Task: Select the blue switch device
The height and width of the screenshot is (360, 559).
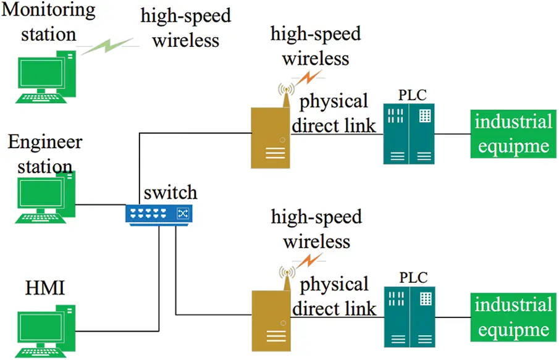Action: (159, 213)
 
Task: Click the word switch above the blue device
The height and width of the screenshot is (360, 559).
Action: (170, 191)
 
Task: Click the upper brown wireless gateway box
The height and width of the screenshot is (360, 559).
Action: (270, 137)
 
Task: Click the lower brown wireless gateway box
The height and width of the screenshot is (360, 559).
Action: (270, 320)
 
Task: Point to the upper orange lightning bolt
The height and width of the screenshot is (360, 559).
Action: (309, 78)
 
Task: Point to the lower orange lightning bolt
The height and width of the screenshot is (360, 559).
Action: (309, 260)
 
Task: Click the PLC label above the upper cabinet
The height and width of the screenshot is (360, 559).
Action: (413, 95)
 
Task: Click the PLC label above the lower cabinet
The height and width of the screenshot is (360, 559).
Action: (413, 278)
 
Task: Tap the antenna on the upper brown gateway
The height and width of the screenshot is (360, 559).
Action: (286, 93)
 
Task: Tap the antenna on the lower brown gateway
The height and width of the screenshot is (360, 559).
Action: (286, 275)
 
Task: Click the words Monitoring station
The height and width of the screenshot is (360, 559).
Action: (49, 21)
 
